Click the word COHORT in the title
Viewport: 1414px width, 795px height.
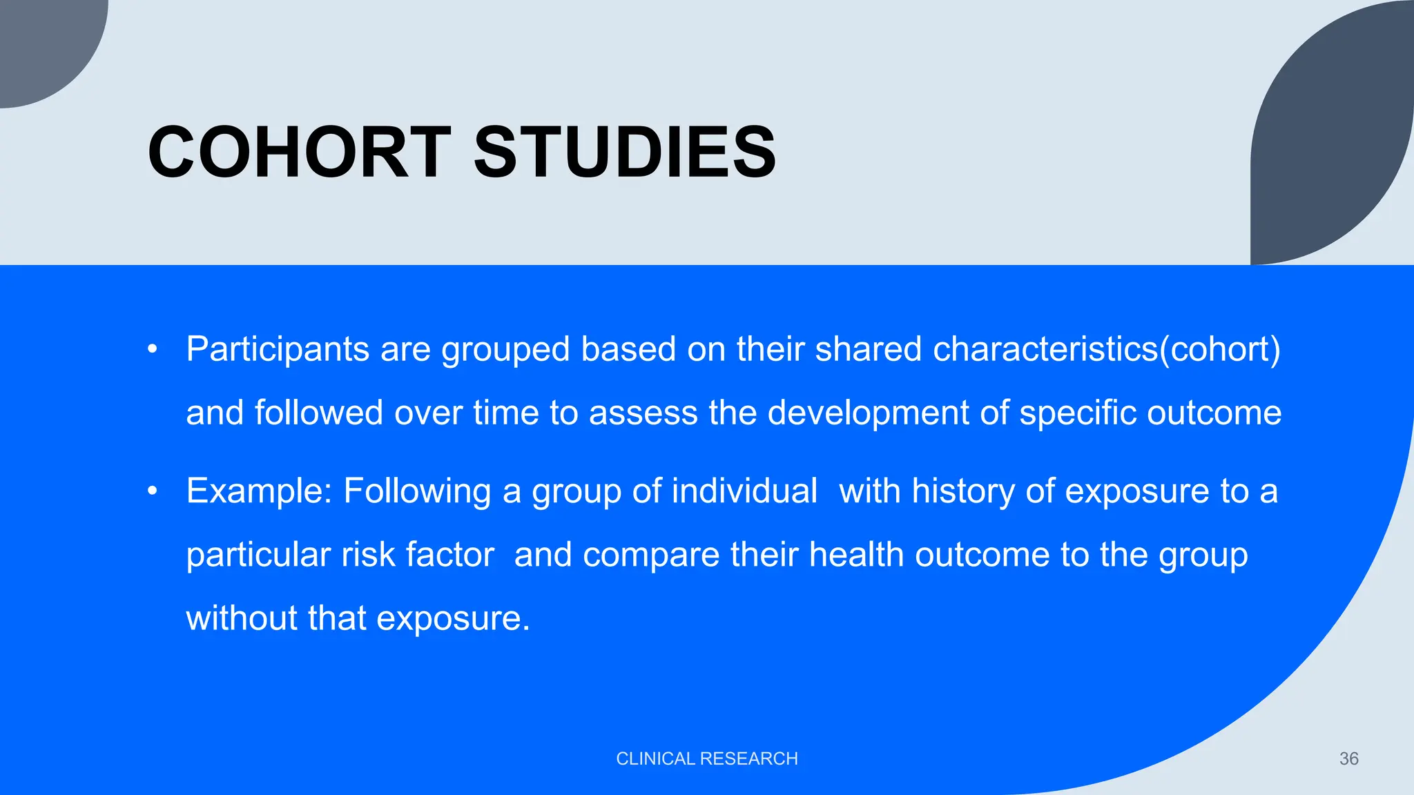(299, 153)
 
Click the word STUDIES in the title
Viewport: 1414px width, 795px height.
(625, 153)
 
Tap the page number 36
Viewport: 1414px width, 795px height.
(1348, 758)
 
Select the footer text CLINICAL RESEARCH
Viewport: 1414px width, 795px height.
(706, 758)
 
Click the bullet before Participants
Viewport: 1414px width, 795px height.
(153, 349)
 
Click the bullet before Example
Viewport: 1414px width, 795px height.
(153, 491)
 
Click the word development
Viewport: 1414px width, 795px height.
(868, 413)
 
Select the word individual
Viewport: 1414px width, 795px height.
(744, 491)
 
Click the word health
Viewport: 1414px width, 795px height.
(856, 555)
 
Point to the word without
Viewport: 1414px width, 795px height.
(241, 618)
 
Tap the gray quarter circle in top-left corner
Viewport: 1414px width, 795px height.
(41, 41)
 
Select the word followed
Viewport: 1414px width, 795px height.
(318, 413)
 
